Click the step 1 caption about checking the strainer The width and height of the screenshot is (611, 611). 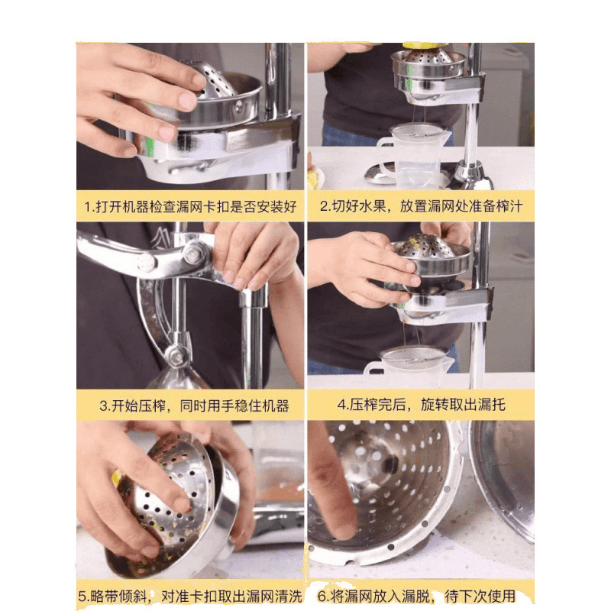click(190, 206)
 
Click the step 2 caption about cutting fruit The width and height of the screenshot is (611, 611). click(421, 205)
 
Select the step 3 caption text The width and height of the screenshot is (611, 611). click(194, 406)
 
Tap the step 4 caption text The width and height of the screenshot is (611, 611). click(422, 405)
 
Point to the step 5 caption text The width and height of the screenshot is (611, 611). click(190, 596)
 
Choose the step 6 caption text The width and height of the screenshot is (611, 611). click(416, 596)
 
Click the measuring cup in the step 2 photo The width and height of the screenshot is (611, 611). click(414, 155)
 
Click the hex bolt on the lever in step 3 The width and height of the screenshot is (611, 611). click(195, 253)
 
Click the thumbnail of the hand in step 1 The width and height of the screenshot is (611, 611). click(187, 100)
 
